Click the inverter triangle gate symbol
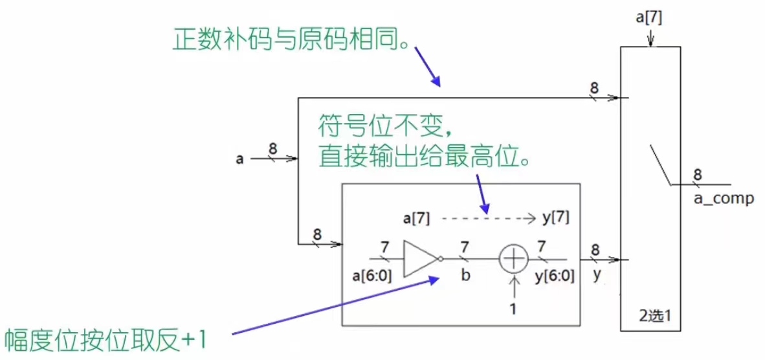(x=419, y=259)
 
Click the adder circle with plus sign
(x=514, y=259)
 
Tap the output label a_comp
(x=724, y=199)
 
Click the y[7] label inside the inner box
(x=555, y=218)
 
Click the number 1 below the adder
(x=514, y=309)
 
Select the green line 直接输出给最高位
(x=424, y=157)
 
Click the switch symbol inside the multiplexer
(x=660, y=166)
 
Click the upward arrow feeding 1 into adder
(x=514, y=288)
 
